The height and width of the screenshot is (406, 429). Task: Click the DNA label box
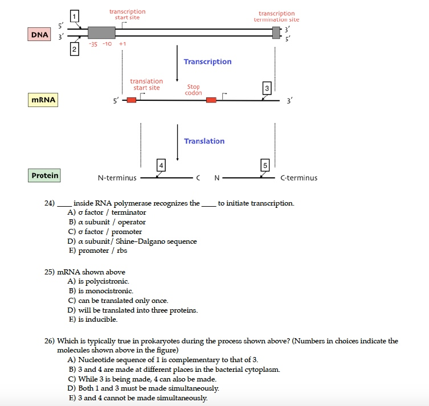point(39,35)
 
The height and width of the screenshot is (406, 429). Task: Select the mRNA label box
point(43,100)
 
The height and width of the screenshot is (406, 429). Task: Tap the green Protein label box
point(44,175)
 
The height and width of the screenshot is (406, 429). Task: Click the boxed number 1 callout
point(74,15)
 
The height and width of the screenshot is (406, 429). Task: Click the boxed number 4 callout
point(161,166)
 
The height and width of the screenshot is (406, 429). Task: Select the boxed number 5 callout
point(264,166)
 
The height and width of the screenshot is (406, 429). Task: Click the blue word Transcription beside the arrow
point(207,61)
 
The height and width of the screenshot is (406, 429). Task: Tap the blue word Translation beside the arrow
point(204,141)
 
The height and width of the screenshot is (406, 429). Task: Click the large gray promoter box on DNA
point(101,32)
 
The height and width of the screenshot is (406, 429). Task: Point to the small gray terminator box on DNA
point(277,32)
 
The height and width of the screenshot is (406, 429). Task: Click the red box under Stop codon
point(211,100)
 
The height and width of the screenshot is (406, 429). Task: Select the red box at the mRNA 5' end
point(132,100)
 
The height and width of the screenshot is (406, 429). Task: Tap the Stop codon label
point(194,90)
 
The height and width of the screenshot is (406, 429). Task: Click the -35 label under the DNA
point(93,44)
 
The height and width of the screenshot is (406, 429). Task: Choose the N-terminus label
point(117,178)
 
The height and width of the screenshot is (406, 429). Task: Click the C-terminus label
point(299,178)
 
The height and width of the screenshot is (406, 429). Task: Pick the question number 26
point(50,341)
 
